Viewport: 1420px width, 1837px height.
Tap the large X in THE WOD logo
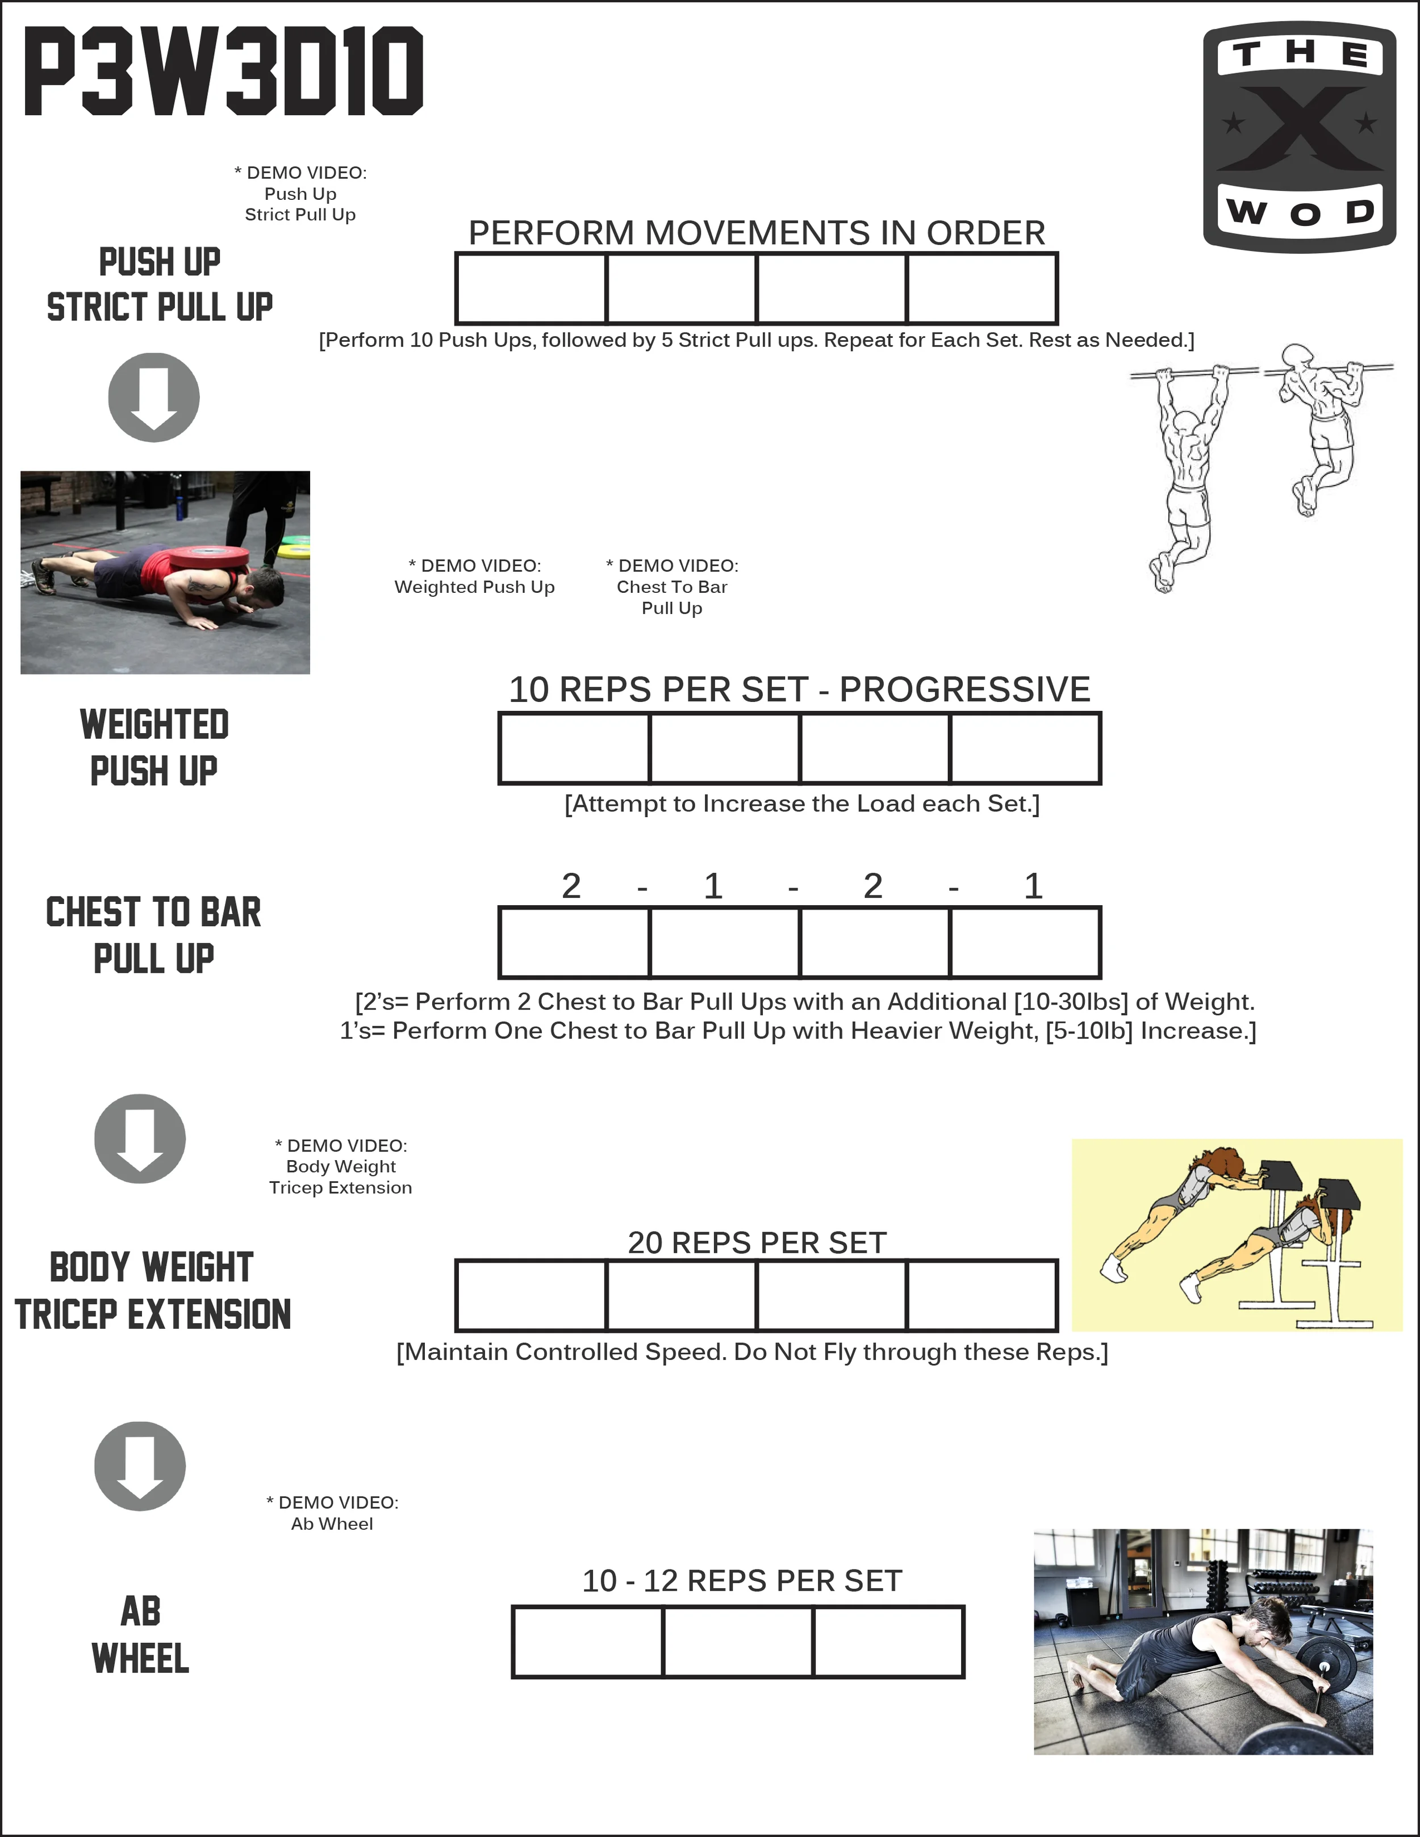pos(1300,127)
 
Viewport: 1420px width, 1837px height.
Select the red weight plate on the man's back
pos(210,557)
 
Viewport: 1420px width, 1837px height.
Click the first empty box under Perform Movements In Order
pos(531,288)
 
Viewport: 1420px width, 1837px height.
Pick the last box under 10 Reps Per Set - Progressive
pos(1025,748)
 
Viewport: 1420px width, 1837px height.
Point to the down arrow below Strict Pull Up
pos(154,397)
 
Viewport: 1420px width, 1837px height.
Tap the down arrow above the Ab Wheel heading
pos(140,1466)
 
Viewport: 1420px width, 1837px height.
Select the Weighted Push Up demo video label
pos(474,577)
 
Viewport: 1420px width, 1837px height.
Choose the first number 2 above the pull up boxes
pos(571,886)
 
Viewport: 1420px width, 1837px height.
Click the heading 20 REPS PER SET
pos(757,1242)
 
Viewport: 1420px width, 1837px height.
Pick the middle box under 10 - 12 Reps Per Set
pos(738,1642)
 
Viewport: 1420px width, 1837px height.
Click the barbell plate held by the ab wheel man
pos(1327,1666)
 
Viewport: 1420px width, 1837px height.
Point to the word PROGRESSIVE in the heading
pos(965,690)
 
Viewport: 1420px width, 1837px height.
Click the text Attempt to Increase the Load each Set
pos(801,804)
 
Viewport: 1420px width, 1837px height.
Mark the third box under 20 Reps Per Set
pos(831,1295)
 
